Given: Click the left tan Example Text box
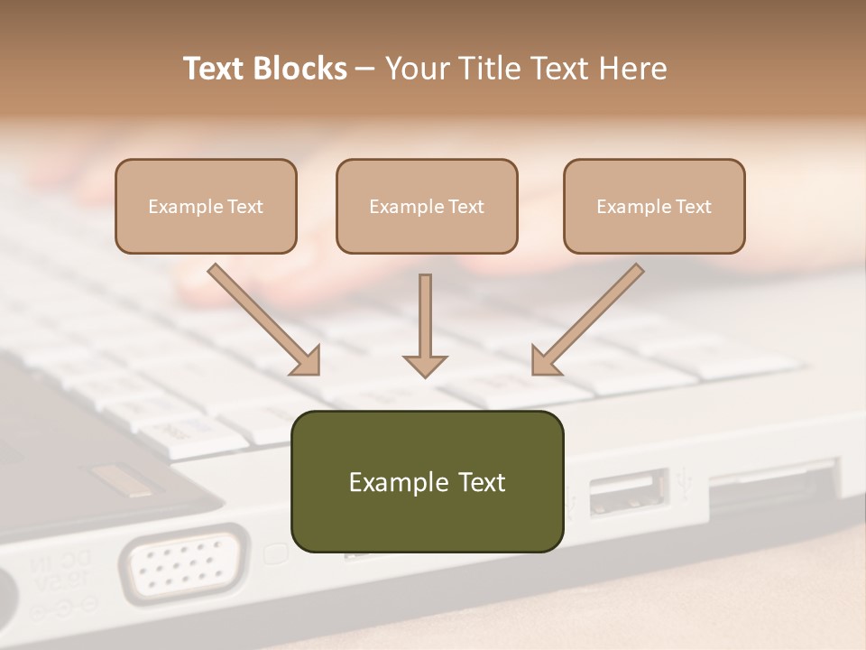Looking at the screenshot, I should (x=206, y=206).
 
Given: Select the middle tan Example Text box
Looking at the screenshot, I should (x=427, y=206).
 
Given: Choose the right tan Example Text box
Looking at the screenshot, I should (x=654, y=206).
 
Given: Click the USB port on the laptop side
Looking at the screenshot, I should (x=629, y=492).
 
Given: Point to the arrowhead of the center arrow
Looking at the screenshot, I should (x=425, y=365).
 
